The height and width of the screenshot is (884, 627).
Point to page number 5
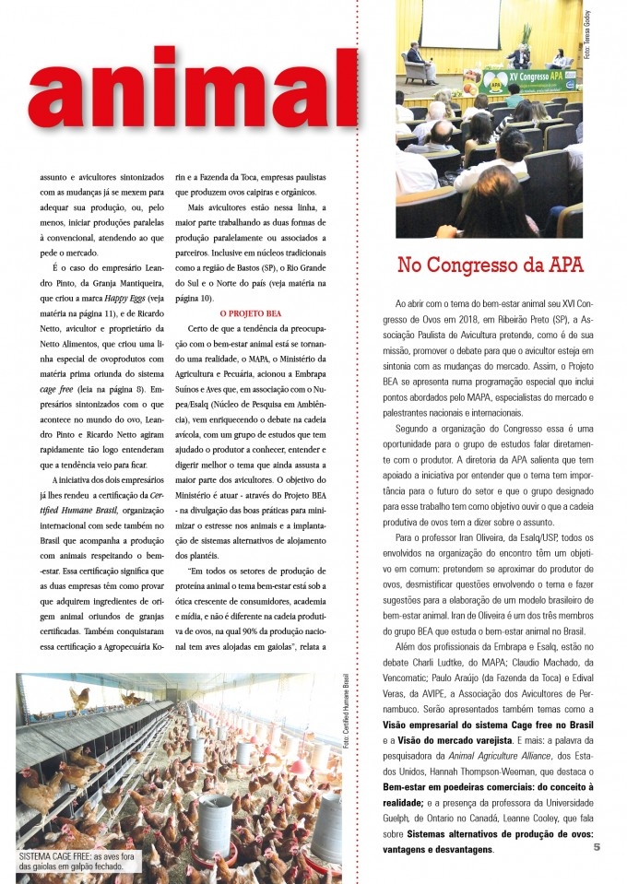click(x=597, y=847)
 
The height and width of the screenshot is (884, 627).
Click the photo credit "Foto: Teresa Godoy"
click(x=586, y=37)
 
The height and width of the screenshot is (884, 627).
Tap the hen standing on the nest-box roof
click(x=79, y=698)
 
